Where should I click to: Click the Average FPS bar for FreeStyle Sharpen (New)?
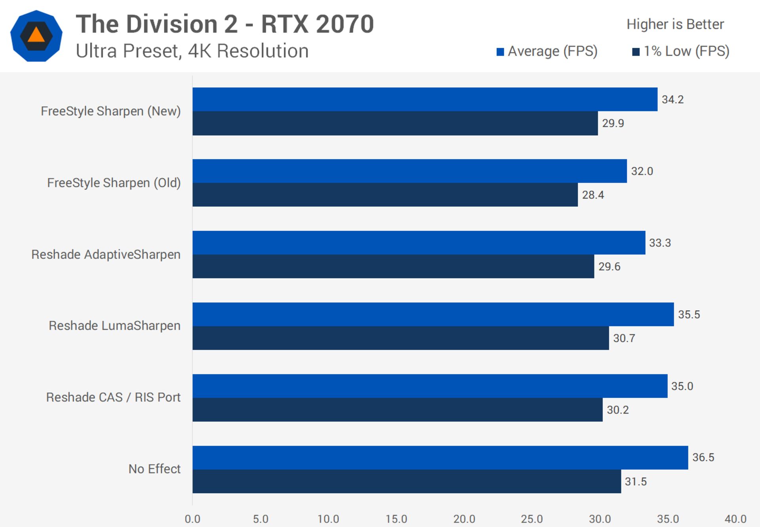click(425, 99)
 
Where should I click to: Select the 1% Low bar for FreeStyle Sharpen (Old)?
click(385, 195)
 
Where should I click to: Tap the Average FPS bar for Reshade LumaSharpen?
click(433, 314)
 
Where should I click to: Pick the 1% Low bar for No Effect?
click(407, 481)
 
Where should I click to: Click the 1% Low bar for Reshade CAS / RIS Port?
click(397, 410)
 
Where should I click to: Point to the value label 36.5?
click(703, 457)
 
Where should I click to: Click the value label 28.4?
click(593, 195)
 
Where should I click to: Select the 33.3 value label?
click(660, 243)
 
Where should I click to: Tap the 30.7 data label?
click(624, 338)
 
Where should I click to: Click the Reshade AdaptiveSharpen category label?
click(106, 255)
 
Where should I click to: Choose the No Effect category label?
click(154, 469)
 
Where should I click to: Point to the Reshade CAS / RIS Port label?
click(113, 397)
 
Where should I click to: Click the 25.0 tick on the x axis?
click(532, 519)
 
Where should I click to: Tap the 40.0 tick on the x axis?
click(735, 519)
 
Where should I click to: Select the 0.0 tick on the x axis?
click(192, 519)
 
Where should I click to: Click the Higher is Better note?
click(675, 25)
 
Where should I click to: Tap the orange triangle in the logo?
click(36, 35)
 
